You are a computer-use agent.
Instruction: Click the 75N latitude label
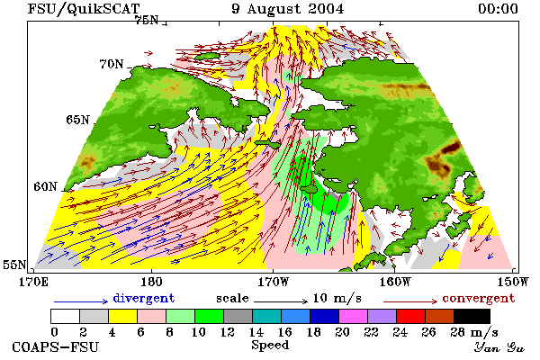click(147, 21)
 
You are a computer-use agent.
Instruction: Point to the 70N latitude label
click(112, 64)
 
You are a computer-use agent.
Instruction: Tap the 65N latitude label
click(77, 120)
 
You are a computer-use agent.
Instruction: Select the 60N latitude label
click(45, 186)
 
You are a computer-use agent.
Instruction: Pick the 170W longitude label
click(273, 282)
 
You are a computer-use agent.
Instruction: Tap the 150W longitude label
click(512, 282)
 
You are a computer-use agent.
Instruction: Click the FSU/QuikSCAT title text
click(84, 9)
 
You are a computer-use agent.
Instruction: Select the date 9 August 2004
click(288, 9)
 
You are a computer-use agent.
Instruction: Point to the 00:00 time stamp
click(498, 9)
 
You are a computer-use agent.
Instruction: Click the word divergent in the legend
click(144, 298)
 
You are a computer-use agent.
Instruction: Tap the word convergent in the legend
click(479, 298)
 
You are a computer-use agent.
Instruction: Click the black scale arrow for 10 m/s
click(281, 301)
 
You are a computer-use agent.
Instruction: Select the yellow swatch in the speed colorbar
click(122, 316)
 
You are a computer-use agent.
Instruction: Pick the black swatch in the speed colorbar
click(472, 316)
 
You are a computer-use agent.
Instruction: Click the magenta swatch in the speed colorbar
click(354, 316)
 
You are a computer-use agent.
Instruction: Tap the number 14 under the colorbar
click(256, 332)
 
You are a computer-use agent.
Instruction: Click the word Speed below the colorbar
click(270, 346)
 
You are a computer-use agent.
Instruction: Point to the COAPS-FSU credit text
click(56, 346)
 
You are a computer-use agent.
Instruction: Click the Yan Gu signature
click(499, 347)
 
